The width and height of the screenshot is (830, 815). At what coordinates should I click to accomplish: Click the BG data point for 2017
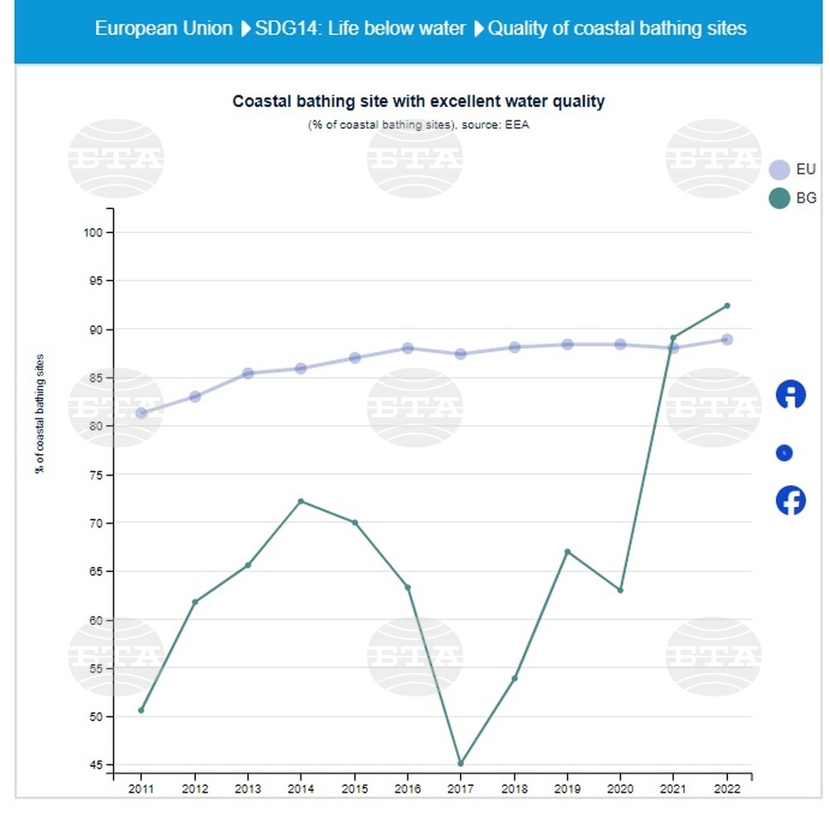[461, 764]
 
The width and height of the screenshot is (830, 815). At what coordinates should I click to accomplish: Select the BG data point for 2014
[300, 501]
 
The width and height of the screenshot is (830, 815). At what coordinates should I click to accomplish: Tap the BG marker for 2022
[727, 305]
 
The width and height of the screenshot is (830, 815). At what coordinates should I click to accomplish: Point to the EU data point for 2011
[141, 412]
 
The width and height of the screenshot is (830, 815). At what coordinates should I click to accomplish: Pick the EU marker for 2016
[408, 348]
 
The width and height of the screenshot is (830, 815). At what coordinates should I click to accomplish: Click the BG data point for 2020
[620, 590]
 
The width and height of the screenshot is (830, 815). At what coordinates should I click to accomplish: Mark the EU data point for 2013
[247, 373]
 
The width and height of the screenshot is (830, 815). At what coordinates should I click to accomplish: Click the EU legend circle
[779, 169]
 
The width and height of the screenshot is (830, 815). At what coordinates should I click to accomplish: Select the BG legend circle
[779, 198]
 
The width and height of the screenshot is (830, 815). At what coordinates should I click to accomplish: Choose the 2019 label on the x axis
[567, 788]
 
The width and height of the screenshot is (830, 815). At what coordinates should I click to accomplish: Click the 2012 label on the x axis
[194, 788]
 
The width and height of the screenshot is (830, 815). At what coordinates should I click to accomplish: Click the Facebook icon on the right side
[790, 500]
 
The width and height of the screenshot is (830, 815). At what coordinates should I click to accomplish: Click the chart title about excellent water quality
[418, 101]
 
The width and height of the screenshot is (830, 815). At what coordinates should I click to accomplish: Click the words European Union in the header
[164, 28]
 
